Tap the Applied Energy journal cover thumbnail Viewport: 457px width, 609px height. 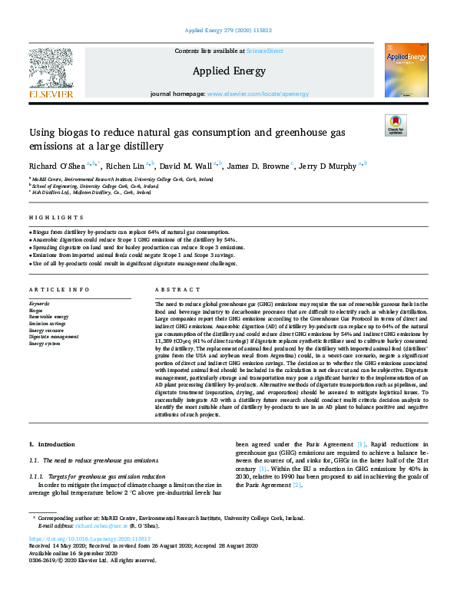406,70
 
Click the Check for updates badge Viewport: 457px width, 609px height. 396,125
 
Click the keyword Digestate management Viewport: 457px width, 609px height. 54,336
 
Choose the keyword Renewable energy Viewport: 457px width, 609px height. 48,316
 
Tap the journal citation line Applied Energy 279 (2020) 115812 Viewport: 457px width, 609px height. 228,31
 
